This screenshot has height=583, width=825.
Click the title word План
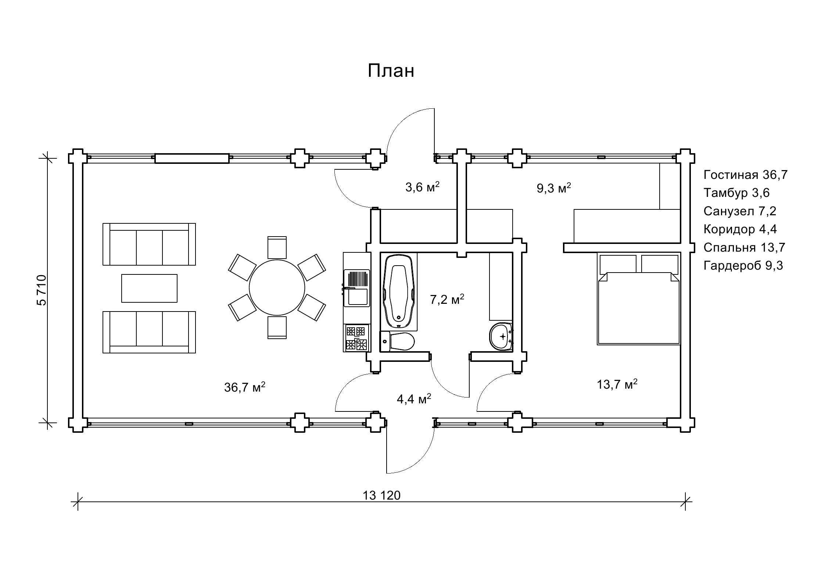(x=391, y=71)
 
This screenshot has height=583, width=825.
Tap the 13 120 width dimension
(x=381, y=496)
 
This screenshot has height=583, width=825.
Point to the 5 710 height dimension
(x=42, y=290)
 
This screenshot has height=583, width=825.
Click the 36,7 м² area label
(x=245, y=387)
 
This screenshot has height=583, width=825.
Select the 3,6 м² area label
(x=423, y=187)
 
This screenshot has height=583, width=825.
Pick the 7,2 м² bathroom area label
(x=447, y=299)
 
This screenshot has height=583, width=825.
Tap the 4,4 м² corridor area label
(x=414, y=399)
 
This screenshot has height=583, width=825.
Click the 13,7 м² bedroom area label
(x=617, y=385)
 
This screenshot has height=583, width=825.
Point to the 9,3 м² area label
(x=554, y=188)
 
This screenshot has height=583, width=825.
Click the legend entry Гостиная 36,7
(x=746, y=175)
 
